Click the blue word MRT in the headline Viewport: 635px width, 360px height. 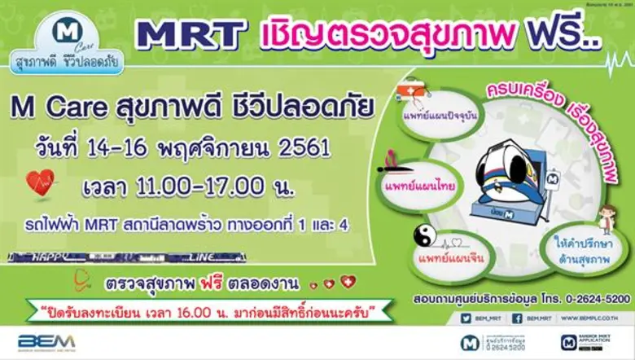192,33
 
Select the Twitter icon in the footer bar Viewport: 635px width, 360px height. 466,318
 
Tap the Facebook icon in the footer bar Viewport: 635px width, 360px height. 519,318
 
